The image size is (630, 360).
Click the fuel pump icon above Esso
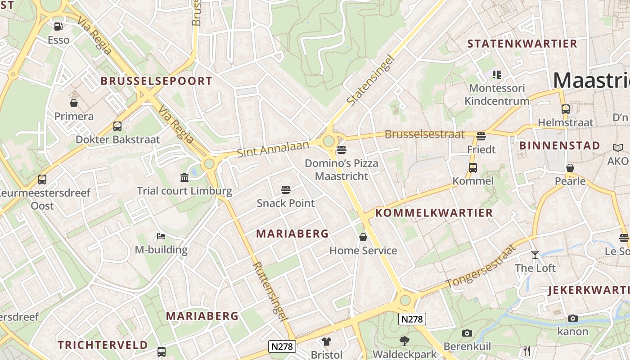(x=58, y=27)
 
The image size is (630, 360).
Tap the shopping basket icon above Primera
(x=74, y=103)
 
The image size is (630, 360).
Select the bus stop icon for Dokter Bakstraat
(x=117, y=126)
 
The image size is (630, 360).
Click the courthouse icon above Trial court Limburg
(x=184, y=178)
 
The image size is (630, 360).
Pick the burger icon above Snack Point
(x=285, y=190)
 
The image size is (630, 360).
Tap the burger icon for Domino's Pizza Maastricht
(x=341, y=149)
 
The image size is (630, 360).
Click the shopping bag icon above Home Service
(x=363, y=237)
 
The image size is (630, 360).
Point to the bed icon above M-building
(x=161, y=236)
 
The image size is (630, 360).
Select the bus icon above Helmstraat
(x=566, y=109)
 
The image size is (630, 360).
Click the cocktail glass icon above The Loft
(x=535, y=255)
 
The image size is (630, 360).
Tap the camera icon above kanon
(x=573, y=319)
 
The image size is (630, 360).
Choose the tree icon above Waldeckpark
(x=404, y=341)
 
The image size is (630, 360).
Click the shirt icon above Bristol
(x=326, y=342)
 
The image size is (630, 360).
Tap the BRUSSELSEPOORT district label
(x=156, y=81)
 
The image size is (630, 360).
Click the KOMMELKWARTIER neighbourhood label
(x=434, y=213)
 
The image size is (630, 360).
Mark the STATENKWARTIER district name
(x=522, y=44)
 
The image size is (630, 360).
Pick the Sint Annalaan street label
(x=273, y=149)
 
